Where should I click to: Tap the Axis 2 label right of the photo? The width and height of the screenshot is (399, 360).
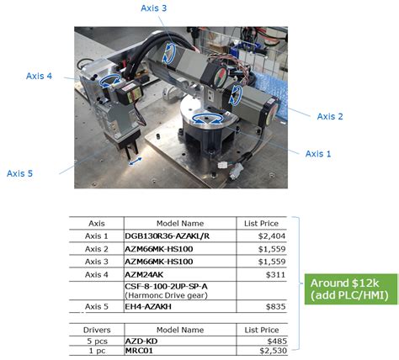(329, 116)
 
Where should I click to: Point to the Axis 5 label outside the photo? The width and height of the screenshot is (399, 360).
(20, 173)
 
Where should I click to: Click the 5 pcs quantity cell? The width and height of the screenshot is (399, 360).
(96, 340)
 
